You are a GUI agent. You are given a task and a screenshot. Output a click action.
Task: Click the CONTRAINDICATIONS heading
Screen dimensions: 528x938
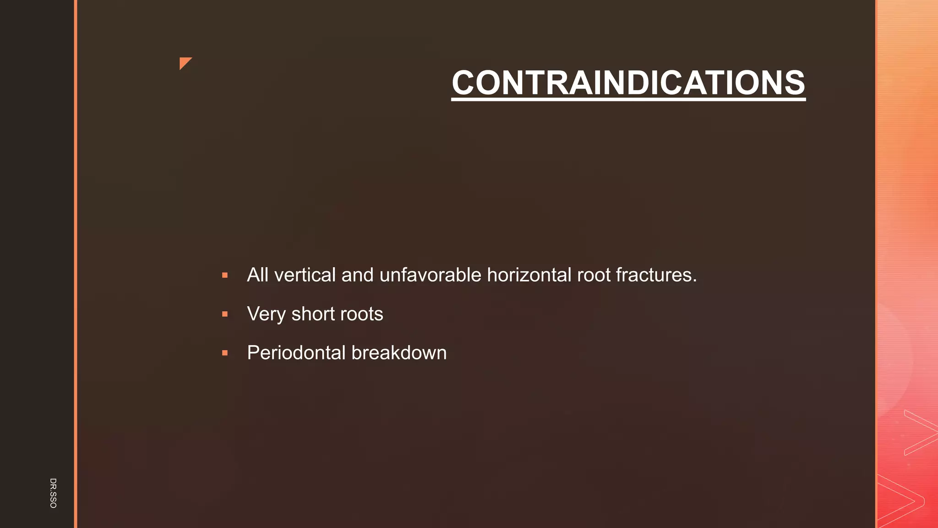628,83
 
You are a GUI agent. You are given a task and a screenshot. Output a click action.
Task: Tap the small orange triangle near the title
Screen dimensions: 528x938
185,63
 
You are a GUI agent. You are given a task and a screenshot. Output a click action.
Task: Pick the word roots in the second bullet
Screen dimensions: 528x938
361,314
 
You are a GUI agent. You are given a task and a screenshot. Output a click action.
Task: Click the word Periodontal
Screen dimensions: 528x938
296,353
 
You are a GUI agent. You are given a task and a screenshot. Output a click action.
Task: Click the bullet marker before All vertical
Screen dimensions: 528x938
225,275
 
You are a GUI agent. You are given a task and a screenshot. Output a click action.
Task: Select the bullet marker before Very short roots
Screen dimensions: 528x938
225,314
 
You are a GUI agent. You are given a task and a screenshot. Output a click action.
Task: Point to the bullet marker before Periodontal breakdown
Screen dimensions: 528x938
225,353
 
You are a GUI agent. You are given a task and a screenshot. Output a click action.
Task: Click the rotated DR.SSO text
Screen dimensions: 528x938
53,493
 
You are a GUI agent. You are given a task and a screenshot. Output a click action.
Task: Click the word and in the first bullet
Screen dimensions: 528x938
357,275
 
